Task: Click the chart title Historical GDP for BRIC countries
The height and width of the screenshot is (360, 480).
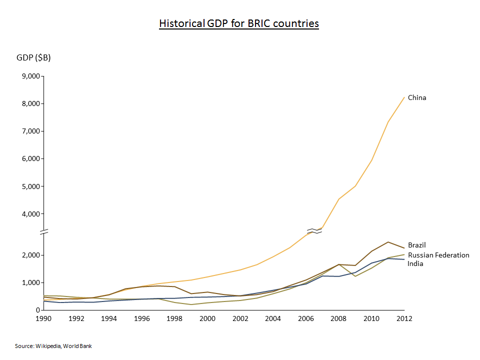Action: click(x=238, y=23)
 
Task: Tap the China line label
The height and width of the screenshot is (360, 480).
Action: click(x=417, y=97)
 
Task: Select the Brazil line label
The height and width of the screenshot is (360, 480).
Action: click(x=416, y=245)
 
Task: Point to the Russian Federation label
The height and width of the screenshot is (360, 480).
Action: click(x=438, y=255)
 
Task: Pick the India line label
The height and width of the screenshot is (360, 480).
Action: click(x=415, y=263)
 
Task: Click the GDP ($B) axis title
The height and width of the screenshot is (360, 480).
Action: click(x=33, y=57)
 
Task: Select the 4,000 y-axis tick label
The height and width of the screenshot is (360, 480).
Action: click(x=30, y=214)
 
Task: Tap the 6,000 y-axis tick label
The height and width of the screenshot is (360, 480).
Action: click(x=30, y=159)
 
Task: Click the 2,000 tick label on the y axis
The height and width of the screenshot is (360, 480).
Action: click(x=30, y=255)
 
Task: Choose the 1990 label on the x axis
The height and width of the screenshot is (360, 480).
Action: click(x=44, y=318)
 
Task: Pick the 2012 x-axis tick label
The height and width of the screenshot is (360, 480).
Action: click(x=404, y=318)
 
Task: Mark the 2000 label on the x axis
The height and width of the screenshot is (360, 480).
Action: click(x=207, y=318)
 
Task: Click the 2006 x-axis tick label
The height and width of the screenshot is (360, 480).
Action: click(x=305, y=318)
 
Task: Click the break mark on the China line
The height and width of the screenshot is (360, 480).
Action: click(x=314, y=231)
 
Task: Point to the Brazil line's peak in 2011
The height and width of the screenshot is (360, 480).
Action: click(x=388, y=242)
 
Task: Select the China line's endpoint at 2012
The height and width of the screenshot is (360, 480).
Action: click(x=404, y=97)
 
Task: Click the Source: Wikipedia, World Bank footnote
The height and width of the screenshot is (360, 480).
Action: click(x=53, y=346)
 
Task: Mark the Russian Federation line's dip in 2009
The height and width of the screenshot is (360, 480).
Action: click(x=355, y=276)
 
